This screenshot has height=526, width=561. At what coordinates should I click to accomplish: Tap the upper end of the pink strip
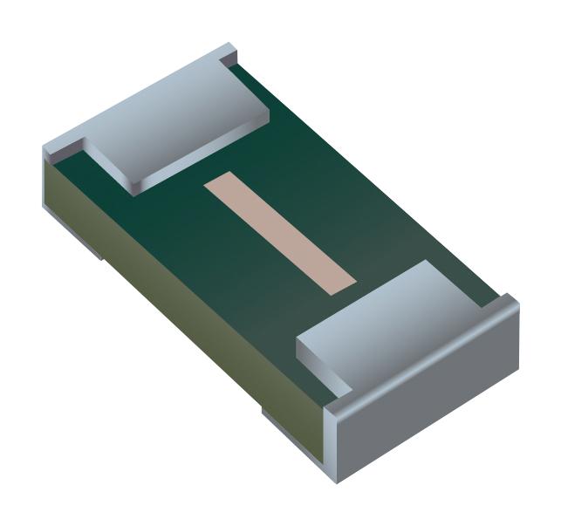click(x=218, y=184)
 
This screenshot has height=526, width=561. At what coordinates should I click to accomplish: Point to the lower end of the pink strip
click(x=342, y=281)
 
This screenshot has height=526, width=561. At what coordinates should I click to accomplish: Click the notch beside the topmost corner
click(x=229, y=60)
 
